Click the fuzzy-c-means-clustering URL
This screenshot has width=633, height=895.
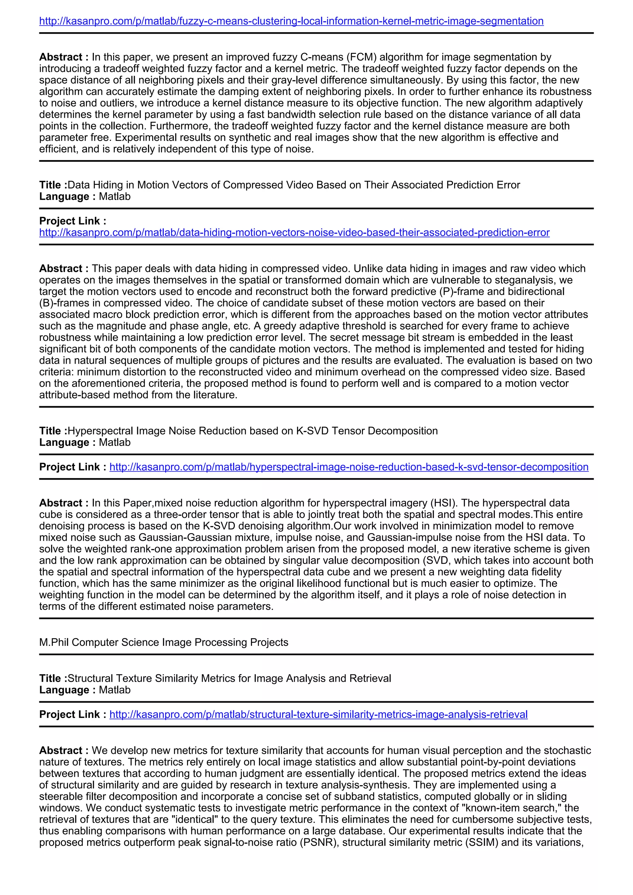click(291, 21)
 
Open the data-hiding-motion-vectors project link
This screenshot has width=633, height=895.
click(294, 233)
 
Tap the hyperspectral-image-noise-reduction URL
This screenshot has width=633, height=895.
click(349, 467)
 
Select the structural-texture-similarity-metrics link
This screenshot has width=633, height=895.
click(318, 715)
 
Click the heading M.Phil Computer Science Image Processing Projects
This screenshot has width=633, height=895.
click(164, 643)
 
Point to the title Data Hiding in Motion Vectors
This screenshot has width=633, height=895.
click(294, 185)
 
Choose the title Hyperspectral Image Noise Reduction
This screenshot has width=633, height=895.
click(253, 431)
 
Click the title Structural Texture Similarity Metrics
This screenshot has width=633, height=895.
click(229, 678)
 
